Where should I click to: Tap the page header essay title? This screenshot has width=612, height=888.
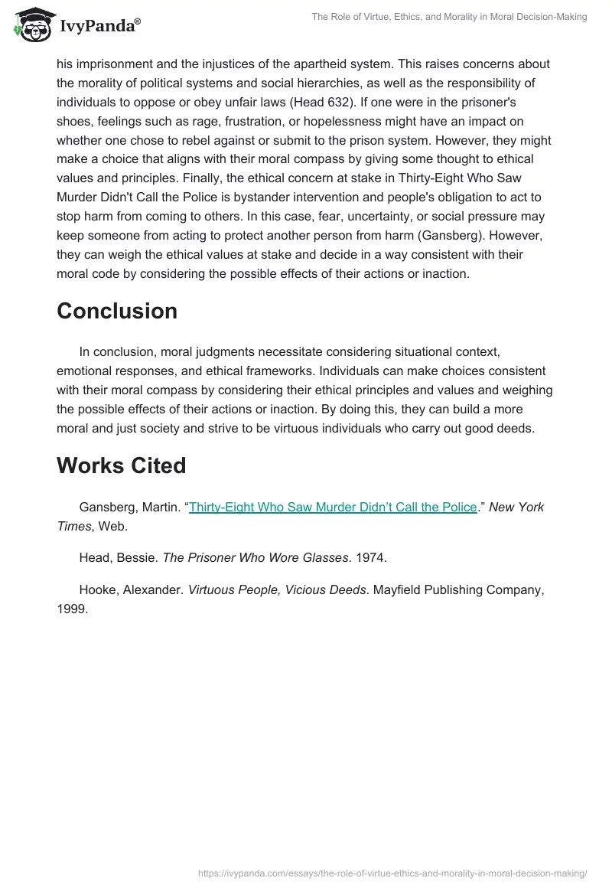(x=449, y=17)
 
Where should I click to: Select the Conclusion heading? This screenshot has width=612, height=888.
(x=117, y=311)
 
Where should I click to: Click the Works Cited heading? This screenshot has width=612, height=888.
(x=121, y=465)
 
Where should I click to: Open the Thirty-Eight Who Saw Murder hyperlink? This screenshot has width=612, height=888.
(x=333, y=507)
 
